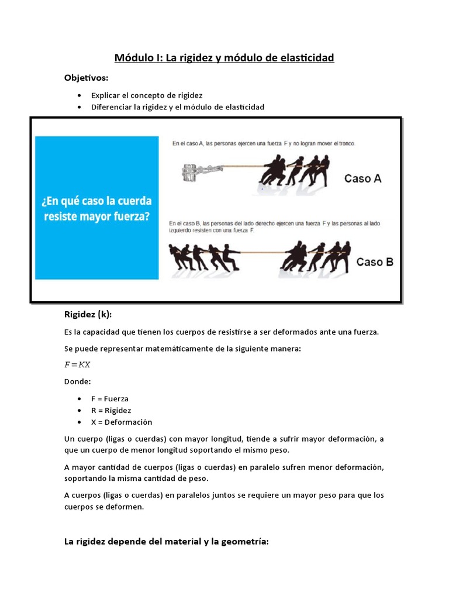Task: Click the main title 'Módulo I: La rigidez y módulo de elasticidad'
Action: coord(224,58)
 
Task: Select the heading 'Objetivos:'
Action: coord(86,78)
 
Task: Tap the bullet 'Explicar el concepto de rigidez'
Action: coord(147,95)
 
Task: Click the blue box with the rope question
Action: coord(97,208)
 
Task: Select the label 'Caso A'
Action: coord(362,178)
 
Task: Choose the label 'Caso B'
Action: coord(375,261)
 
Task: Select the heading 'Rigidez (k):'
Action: coord(87,314)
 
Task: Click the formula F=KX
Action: coord(77,364)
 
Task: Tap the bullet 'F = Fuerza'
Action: coord(110,398)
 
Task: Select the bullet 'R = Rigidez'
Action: coord(111,410)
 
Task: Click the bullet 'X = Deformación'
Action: coord(122,422)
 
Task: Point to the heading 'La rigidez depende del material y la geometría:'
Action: coord(166,542)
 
